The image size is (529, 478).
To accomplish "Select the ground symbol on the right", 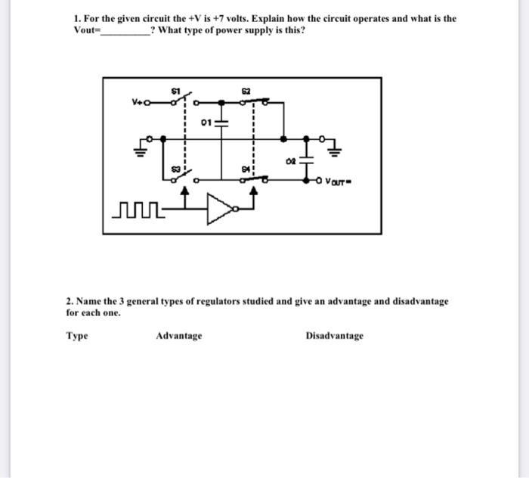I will pos(336,149).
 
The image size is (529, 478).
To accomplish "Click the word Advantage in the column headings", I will pos(179,336).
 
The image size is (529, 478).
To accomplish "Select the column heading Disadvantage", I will pos(335,336).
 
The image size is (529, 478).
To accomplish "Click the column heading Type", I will pos(77,336).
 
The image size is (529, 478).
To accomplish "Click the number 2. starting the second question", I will pos(70,301).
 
